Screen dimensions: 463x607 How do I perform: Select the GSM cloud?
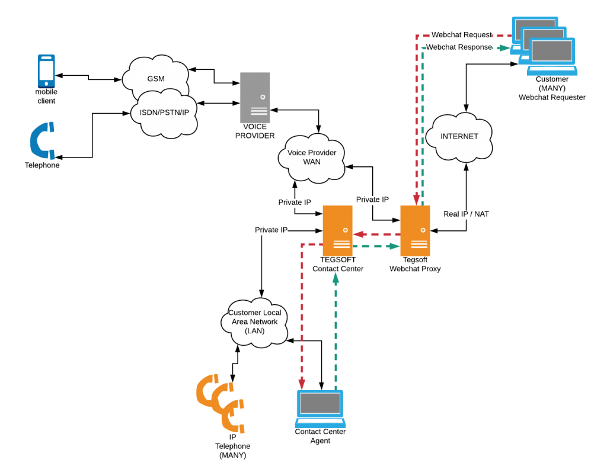click(x=155, y=79)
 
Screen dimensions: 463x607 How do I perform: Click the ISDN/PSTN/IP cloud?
click(x=164, y=112)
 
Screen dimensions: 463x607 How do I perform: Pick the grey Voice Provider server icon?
click(x=255, y=97)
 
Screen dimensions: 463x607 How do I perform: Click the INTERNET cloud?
click(x=459, y=137)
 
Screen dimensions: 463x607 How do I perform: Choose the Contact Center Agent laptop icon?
click(x=321, y=408)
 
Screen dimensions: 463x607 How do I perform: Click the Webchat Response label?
click(x=459, y=47)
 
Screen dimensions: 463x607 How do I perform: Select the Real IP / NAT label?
click(x=466, y=214)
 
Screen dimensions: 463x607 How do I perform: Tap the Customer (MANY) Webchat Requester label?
click(x=551, y=88)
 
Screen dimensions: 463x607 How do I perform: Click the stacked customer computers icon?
click(x=544, y=46)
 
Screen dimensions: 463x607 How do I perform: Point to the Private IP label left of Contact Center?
click(x=271, y=230)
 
